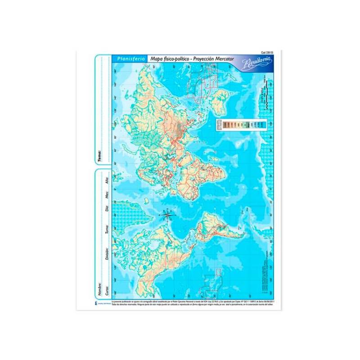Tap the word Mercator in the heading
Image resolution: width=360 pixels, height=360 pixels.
point(223,59)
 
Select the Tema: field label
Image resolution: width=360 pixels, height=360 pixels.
point(99,156)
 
